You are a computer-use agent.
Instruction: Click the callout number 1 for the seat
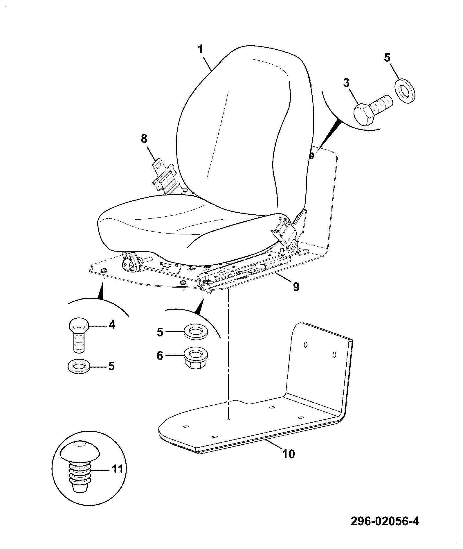coord(200,49)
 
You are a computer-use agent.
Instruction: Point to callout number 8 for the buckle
coord(144,139)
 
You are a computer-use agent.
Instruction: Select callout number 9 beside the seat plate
coord(296,287)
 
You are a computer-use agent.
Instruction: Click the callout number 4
coord(112,324)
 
